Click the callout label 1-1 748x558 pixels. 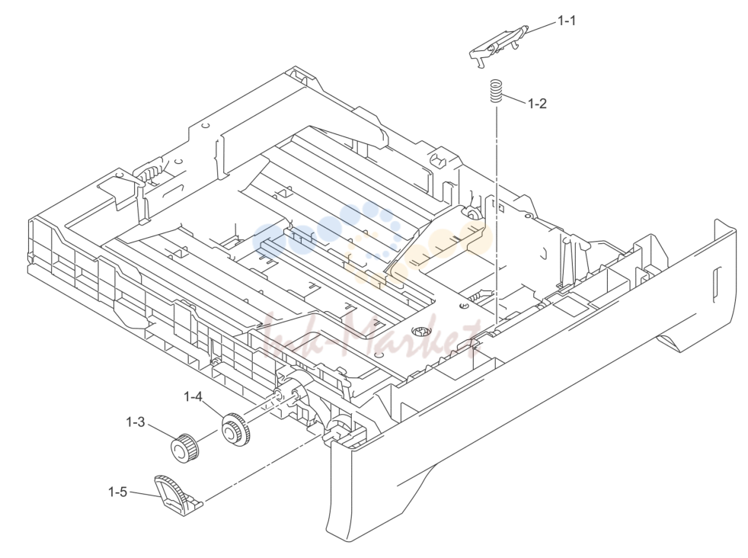click(567, 21)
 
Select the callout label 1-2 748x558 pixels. click(537, 104)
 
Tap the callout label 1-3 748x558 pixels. click(135, 422)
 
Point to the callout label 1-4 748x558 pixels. click(193, 396)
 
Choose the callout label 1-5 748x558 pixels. click(118, 492)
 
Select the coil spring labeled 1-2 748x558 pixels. click(496, 91)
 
